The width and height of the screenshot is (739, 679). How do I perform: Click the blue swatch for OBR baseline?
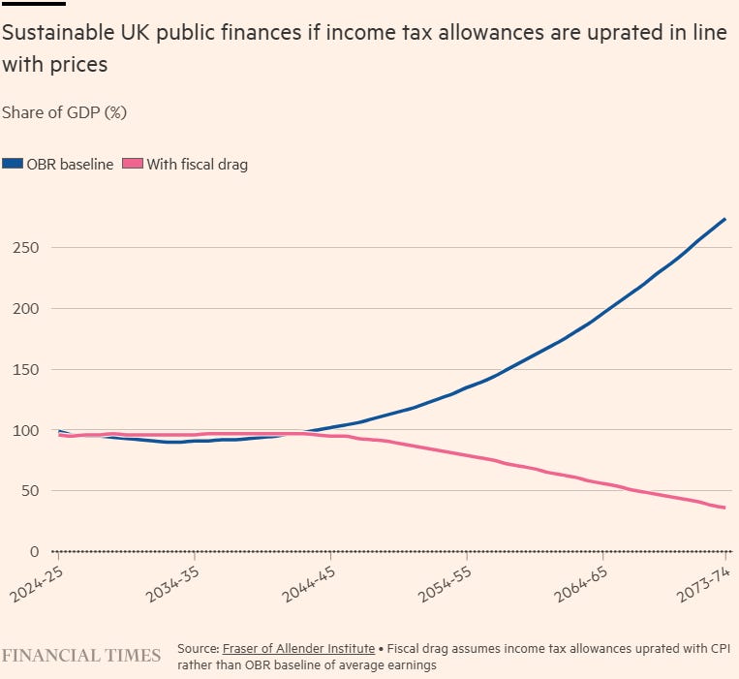(13, 165)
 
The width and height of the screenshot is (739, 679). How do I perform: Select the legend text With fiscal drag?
(197, 165)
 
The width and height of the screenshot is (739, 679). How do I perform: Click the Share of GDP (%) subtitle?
(65, 112)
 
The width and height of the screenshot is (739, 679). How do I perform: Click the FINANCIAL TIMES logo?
(81, 656)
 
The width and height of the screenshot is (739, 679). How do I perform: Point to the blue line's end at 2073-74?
(724, 220)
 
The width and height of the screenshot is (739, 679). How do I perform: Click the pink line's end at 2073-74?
(724, 509)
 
